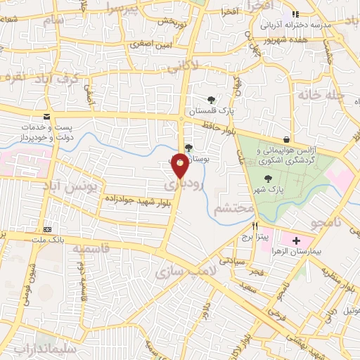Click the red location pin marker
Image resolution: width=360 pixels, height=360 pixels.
point(181,165)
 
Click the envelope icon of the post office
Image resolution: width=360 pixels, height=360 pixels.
point(46,116)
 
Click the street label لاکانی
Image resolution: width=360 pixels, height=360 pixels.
point(203,65)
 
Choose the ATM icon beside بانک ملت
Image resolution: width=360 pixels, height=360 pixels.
point(47,229)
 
